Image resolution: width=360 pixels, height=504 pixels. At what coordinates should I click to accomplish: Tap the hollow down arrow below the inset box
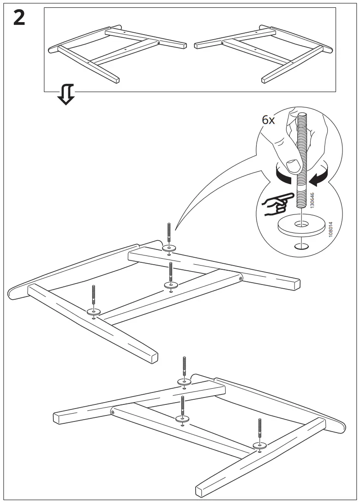pyautogui.click(x=66, y=95)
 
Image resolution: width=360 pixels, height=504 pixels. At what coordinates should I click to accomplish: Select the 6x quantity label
pyautogui.click(x=268, y=120)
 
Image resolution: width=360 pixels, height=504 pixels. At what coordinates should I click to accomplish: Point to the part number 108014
pyautogui.click(x=329, y=229)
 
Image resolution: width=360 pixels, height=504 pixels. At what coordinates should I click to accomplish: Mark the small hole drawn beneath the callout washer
pyautogui.click(x=300, y=245)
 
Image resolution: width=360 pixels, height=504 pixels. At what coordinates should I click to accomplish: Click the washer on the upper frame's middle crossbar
pyautogui.click(x=171, y=285)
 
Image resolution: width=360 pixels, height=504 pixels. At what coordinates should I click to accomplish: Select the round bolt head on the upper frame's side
pyautogui.click(x=240, y=278)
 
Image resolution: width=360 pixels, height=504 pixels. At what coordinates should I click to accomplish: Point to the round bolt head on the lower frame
pyautogui.click(x=112, y=412)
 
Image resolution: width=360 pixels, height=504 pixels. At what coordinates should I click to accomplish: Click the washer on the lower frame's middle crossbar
pyautogui.click(x=183, y=418)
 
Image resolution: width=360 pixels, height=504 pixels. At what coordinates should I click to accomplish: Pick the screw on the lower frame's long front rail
pyautogui.click(x=261, y=430)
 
